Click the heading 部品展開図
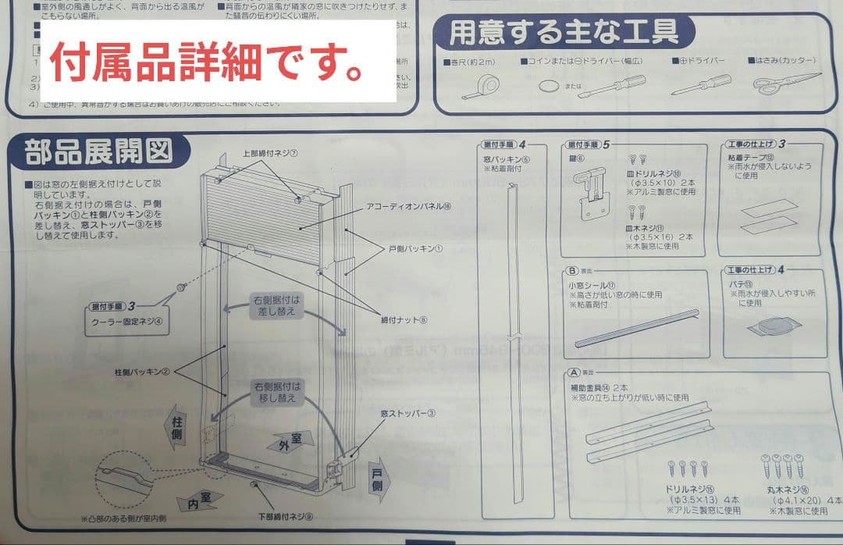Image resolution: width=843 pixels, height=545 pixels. click(98, 151)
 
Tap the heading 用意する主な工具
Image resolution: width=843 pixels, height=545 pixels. click(564, 34)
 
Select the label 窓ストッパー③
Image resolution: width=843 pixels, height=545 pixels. click(407, 413)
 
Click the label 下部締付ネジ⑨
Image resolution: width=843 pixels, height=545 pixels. click(286, 516)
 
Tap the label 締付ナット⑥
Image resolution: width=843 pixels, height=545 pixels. click(404, 319)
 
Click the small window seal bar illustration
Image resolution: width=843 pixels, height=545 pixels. click(636, 327)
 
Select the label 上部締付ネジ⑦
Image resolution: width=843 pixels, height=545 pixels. click(270, 153)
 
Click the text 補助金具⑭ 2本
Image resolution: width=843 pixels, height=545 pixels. click(599, 386)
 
